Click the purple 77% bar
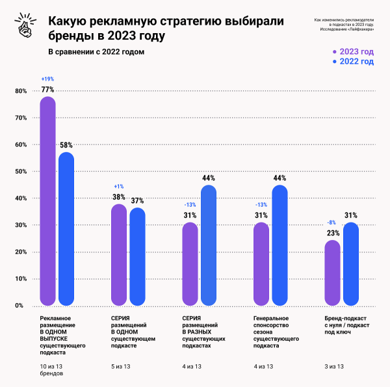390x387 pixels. click(x=47, y=202)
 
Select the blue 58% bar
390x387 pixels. click(x=66, y=229)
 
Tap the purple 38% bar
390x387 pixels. click(x=119, y=255)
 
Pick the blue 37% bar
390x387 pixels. click(x=137, y=256)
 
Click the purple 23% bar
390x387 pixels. click(x=331, y=273)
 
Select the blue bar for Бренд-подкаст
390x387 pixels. click(x=350, y=263)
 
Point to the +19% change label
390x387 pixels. click(x=47, y=79)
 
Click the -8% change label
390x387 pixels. click(x=331, y=222)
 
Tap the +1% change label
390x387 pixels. click(x=119, y=187)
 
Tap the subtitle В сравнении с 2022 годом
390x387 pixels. click(x=96, y=51)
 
